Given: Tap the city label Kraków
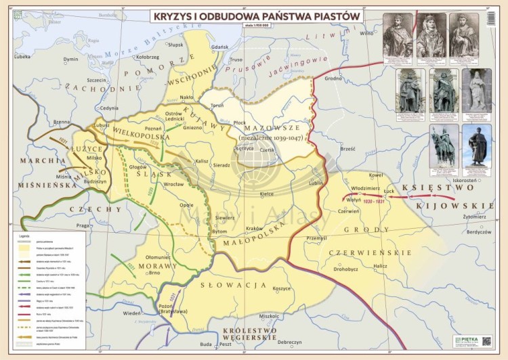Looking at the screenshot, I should pyautogui.click(x=255, y=228).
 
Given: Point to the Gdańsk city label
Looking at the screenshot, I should pyautogui.click(x=219, y=47).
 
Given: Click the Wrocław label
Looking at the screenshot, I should pyautogui.click(x=174, y=184).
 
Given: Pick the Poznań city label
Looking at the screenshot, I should pyautogui.click(x=172, y=127).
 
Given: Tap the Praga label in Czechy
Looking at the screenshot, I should pyautogui.click(x=83, y=225).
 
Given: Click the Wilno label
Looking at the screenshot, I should pyautogui.click(x=366, y=33).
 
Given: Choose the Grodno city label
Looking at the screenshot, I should pyautogui.click(x=333, y=78).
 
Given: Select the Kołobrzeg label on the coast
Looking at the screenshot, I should pyautogui.click(x=148, y=58).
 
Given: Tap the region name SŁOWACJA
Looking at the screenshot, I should pyautogui.click(x=242, y=285).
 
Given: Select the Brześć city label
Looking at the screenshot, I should pyautogui.click(x=348, y=148).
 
